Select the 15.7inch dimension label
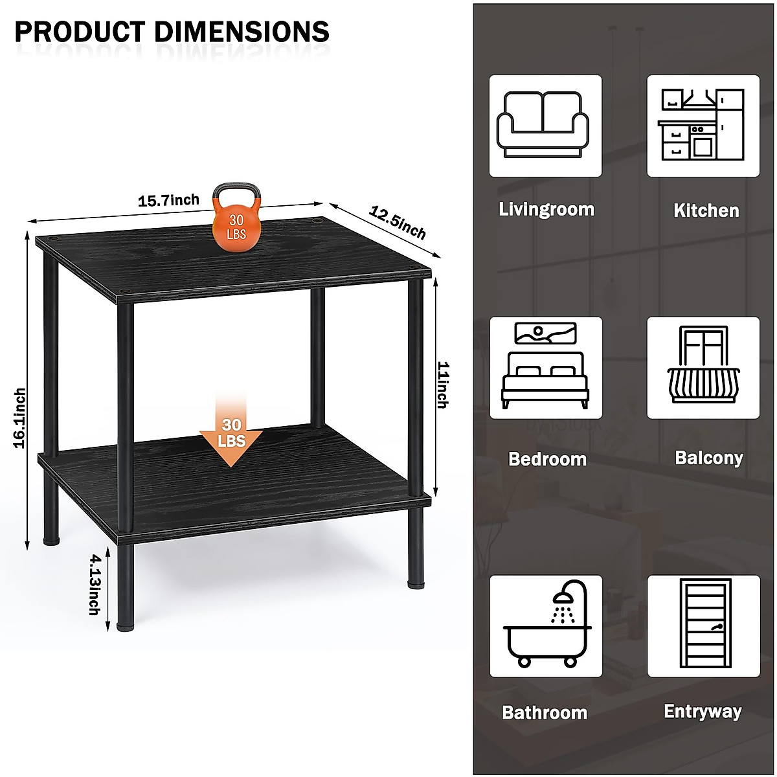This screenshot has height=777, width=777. pos(168,201)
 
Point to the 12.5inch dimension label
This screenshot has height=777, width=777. pos(398,221)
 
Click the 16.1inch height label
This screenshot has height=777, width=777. pos(20,418)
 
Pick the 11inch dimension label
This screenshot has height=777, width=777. pos(442,385)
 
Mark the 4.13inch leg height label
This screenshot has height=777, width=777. pos(95,583)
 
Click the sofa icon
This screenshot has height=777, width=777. pos(545,125)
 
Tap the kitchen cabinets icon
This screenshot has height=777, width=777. pos(703,125)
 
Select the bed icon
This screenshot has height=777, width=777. pos(545,366)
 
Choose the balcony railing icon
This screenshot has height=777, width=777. pos(703,366)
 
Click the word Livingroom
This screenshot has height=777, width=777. pos(546,209)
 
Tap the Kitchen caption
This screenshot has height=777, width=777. pos(706,210)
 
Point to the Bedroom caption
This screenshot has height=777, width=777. pos(547,459)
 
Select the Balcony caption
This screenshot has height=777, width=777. pos(708,458)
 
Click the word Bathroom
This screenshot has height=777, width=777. pos(545,713)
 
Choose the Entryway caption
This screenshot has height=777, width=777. pos(703,712)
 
